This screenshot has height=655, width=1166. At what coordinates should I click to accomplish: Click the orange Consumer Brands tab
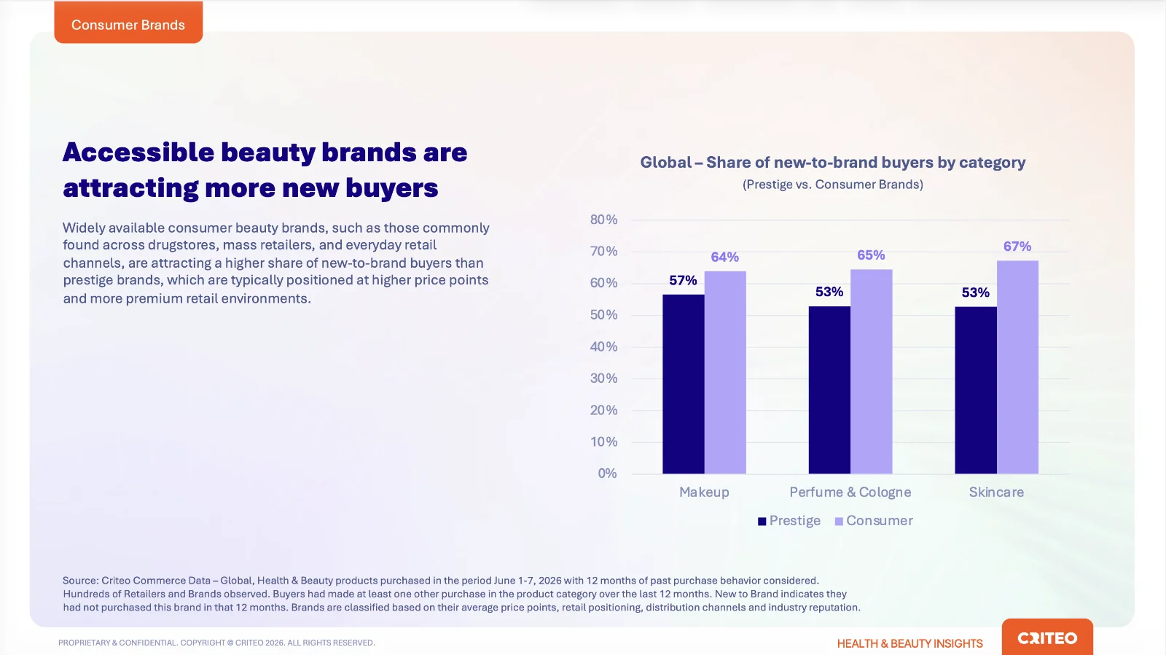pyautogui.click(x=128, y=22)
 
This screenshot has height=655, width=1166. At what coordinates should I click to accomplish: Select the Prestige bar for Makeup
pyautogui.click(x=683, y=384)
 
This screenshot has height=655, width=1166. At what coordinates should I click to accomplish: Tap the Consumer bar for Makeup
pyautogui.click(x=725, y=372)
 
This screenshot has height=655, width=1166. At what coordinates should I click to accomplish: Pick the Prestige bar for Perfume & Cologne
pyautogui.click(x=829, y=389)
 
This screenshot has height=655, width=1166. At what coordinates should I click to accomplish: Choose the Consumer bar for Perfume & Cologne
pyautogui.click(x=872, y=371)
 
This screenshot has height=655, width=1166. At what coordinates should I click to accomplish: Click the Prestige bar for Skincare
pyautogui.click(x=976, y=389)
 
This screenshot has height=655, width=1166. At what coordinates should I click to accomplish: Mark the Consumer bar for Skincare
pyautogui.click(x=1017, y=367)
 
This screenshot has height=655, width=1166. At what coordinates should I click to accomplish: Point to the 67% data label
pyautogui.click(x=1017, y=246)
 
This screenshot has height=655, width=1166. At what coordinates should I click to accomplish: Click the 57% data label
pyautogui.click(x=683, y=280)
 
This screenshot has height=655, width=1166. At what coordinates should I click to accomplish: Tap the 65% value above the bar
pyautogui.click(x=871, y=255)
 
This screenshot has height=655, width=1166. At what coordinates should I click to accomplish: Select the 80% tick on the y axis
pyautogui.click(x=604, y=220)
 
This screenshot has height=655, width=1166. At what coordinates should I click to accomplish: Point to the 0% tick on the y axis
pyautogui.click(x=608, y=473)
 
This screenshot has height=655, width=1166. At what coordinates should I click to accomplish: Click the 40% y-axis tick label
pyautogui.click(x=604, y=346)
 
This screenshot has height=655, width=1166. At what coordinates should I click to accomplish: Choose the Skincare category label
pyautogui.click(x=996, y=492)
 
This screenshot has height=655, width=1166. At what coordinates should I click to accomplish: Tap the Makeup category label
pyautogui.click(x=704, y=492)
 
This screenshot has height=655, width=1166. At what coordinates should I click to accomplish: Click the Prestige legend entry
pyautogui.click(x=789, y=521)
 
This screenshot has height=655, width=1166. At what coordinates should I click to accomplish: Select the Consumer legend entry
pyautogui.click(x=874, y=521)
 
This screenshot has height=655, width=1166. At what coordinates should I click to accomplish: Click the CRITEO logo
pyautogui.click(x=1047, y=637)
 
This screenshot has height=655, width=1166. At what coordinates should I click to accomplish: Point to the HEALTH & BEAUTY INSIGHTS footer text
pyautogui.click(x=910, y=643)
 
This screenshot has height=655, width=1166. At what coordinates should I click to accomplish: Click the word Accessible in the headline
pyautogui.click(x=138, y=152)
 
